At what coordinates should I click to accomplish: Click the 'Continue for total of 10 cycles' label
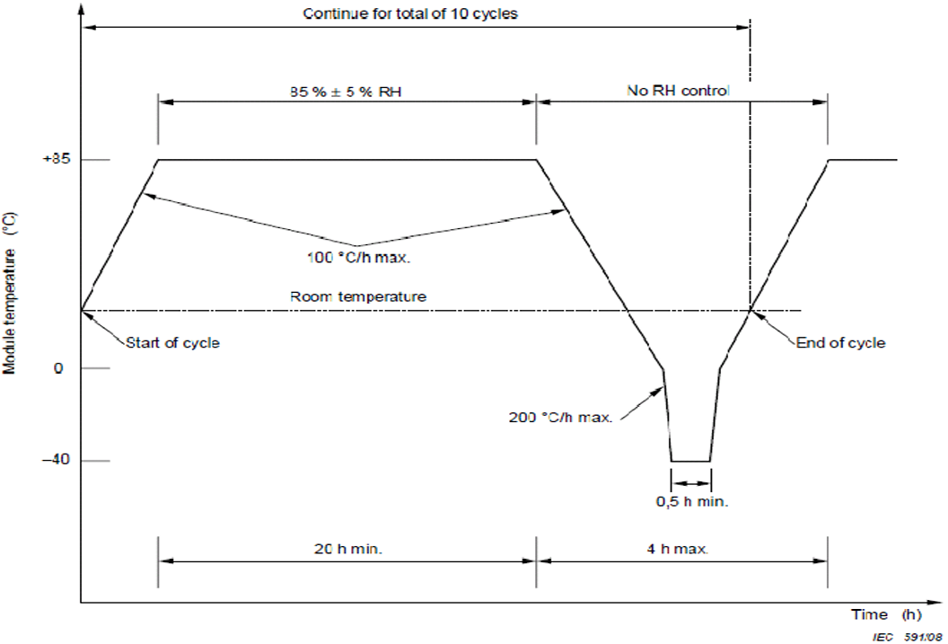(410, 13)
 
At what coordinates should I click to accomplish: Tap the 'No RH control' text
(678, 91)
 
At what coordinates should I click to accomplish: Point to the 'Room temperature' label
(358, 296)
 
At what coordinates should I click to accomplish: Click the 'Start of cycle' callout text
(172, 342)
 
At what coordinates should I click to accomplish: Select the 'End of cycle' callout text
(840, 342)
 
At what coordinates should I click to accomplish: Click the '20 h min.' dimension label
(348, 549)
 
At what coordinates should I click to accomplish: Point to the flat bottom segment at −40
(690, 462)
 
